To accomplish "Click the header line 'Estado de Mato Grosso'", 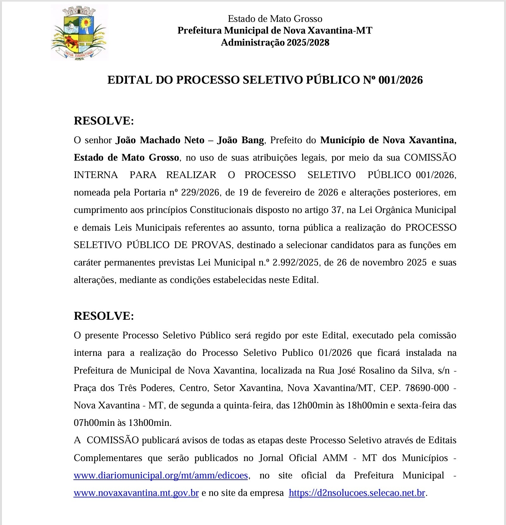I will tap(275, 19).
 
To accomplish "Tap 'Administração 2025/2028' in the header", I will tap(275, 42).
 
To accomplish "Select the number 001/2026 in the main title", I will tap(400, 80).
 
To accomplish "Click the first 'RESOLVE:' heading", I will tap(104, 121).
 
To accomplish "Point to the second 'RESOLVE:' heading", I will tap(104, 316).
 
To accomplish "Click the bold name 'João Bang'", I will tap(241, 140).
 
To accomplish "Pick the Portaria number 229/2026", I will tap(200, 193).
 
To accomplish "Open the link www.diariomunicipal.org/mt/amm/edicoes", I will tap(161, 476).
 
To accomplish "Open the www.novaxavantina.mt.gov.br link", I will tap(136, 493).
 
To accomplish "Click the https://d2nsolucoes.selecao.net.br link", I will tap(357, 493).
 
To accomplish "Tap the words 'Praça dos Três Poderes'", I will tap(124, 388).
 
